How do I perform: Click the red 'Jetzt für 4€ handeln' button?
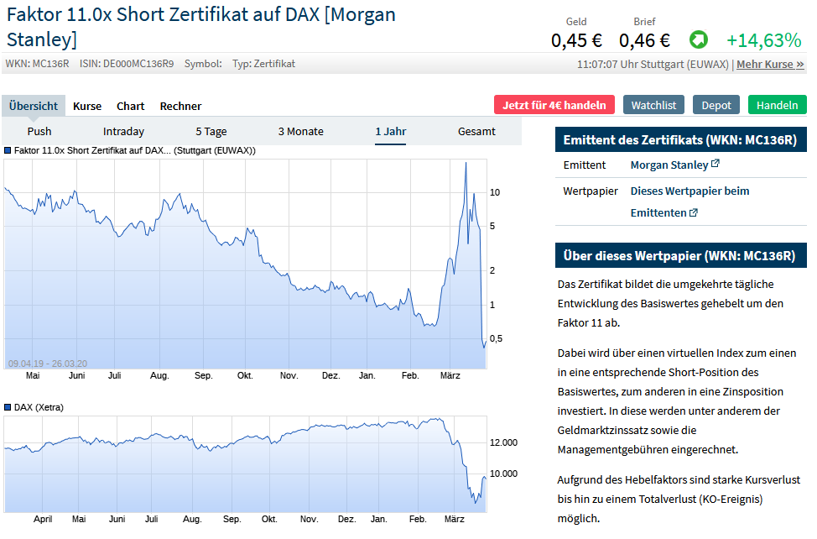(x=554, y=105)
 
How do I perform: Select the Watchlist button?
(x=653, y=105)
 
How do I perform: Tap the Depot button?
(x=716, y=105)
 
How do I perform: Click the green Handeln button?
(x=777, y=105)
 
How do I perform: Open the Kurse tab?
(x=87, y=106)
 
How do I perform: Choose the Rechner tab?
(x=180, y=106)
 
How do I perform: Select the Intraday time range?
(x=123, y=131)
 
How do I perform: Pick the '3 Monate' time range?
(x=300, y=131)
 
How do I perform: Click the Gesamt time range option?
(x=476, y=131)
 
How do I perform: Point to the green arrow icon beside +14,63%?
(x=698, y=39)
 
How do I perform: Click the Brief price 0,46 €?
(x=644, y=39)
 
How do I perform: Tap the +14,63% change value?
(x=763, y=39)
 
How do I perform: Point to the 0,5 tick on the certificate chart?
(x=496, y=338)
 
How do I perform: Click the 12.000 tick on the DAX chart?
(x=503, y=442)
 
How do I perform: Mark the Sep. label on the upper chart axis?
(x=203, y=375)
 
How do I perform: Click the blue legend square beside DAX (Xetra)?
(x=8, y=407)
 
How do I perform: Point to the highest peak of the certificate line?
(x=466, y=163)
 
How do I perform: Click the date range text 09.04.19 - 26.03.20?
(x=48, y=364)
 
